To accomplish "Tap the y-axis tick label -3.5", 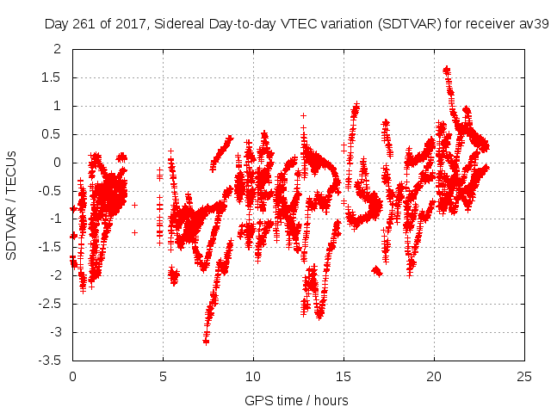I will pos(50,361).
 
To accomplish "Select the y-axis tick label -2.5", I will pos(50,304).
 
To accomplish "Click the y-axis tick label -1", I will pos(55,219).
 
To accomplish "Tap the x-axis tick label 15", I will pos(344,376).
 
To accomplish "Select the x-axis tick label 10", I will pos(253,376).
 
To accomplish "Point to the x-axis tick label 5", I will pos(163,376).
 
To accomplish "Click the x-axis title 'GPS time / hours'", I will pos(296,400).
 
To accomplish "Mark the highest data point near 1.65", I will pos(446,70).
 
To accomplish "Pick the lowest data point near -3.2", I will pos(206,342).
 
